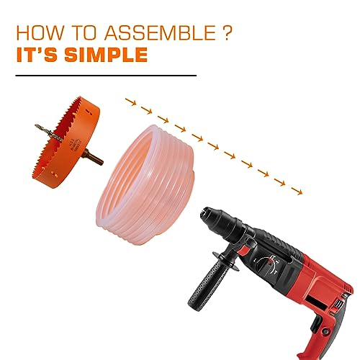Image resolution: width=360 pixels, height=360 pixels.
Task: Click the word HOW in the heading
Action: coord(40,32)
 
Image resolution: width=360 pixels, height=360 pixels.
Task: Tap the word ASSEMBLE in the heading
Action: coord(160,32)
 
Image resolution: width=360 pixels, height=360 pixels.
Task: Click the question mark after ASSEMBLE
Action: coord(226,32)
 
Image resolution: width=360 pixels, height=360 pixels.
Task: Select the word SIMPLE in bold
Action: coord(106,55)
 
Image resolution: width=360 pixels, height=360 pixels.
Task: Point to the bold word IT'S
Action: coord(37,55)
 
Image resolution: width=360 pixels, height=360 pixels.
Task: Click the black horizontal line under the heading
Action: coord(106,76)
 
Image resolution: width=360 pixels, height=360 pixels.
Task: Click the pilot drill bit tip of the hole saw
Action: coord(37,125)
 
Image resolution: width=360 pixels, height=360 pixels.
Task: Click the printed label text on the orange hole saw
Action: coord(75,145)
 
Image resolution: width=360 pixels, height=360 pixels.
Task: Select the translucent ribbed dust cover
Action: coord(145,185)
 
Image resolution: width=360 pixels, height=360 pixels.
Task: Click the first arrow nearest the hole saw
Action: coord(131,102)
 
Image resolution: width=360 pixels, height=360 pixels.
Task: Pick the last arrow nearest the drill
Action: coord(297,191)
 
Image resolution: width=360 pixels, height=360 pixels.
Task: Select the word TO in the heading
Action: coord(84,32)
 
